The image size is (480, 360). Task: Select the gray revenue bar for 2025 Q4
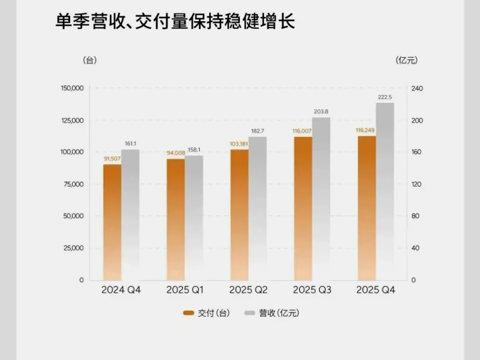click(x=385, y=191)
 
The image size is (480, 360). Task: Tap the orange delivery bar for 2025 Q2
click(x=240, y=214)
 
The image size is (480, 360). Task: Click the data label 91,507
click(x=112, y=159)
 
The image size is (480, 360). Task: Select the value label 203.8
click(x=321, y=112)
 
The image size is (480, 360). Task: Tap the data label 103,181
click(x=240, y=144)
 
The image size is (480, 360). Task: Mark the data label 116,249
click(x=366, y=131)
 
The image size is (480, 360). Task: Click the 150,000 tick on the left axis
click(x=72, y=88)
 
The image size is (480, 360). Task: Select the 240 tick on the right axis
click(x=416, y=88)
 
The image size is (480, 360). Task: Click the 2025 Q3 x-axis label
click(x=312, y=290)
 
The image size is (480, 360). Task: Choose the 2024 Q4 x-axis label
click(x=121, y=290)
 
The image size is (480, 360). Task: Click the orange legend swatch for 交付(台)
click(x=188, y=313)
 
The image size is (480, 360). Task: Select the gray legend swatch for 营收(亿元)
click(x=249, y=313)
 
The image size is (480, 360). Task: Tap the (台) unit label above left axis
click(x=89, y=60)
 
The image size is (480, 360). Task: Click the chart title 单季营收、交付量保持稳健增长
click(x=175, y=22)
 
